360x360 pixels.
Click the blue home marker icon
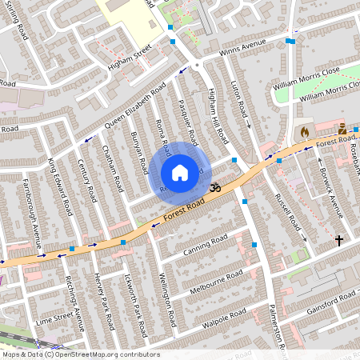[180, 173]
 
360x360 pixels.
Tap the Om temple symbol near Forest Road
[214, 187]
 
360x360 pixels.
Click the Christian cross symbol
[338, 240]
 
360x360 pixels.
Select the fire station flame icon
[304, 130]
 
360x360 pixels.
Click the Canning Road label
[206, 242]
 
